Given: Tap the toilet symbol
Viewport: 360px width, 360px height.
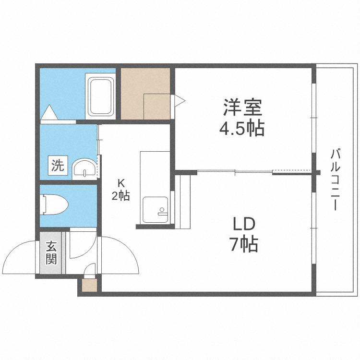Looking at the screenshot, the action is pyautogui.click(x=54, y=204).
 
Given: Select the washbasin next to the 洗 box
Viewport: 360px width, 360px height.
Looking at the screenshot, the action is pyautogui.click(x=84, y=169).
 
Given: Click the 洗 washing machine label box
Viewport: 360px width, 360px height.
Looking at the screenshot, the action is pyautogui.click(x=58, y=165).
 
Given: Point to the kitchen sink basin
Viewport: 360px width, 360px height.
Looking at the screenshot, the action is pyautogui.click(x=155, y=210).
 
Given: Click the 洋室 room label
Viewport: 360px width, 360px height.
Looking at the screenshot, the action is pyautogui.click(x=243, y=108).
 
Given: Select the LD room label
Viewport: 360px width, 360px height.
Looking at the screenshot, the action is pyautogui.click(x=244, y=224).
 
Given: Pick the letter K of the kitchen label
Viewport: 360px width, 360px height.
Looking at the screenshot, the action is pyautogui.click(x=121, y=183).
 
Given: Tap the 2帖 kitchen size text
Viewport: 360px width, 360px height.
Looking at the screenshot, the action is pyautogui.click(x=121, y=196).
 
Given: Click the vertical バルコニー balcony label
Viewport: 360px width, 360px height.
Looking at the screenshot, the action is pyautogui.click(x=335, y=180).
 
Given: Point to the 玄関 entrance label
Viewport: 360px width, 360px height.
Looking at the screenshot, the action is pyautogui.click(x=51, y=253).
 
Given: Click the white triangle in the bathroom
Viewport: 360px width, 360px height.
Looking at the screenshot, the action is pyautogui.click(x=49, y=112).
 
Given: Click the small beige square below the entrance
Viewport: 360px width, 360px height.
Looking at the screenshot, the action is pyautogui.click(x=90, y=285).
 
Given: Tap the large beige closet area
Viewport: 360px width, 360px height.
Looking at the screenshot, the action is pyautogui.click(x=145, y=94).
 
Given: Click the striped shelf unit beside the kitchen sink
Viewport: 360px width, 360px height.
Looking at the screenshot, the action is pyautogui.click(x=183, y=202).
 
